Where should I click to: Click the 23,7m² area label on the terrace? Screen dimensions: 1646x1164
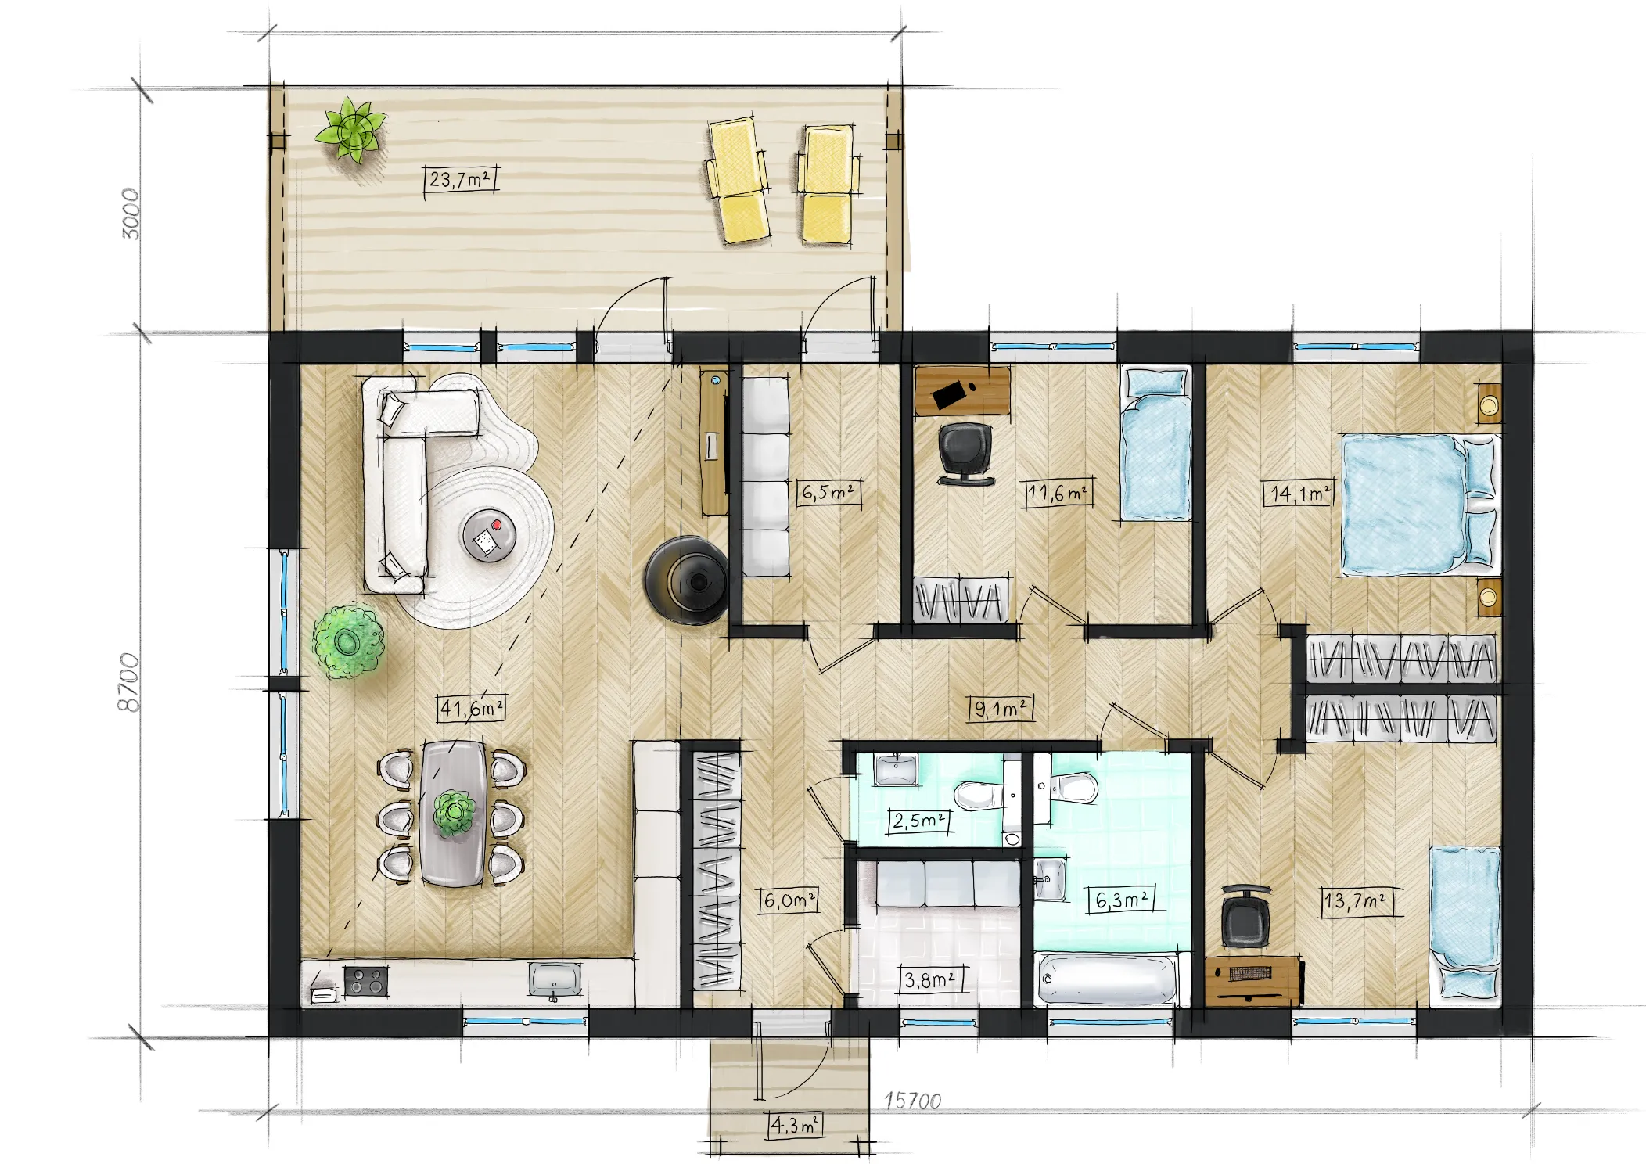pos(460,180)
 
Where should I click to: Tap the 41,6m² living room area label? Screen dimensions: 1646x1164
pos(470,709)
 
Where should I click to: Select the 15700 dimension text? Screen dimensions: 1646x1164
pos(912,1101)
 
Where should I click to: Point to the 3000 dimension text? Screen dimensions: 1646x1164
pos(131,214)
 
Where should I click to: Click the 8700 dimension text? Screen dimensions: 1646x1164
pos(128,682)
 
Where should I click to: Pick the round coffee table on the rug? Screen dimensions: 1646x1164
pos(489,536)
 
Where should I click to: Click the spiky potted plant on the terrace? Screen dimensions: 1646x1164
pos(352,130)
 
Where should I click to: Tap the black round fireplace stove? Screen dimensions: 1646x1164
pos(686,580)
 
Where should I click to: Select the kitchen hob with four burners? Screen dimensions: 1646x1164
pos(366,981)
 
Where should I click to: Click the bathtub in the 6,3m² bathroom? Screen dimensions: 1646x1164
pos(1106,979)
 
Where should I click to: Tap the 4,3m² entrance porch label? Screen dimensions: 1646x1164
pos(793,1126)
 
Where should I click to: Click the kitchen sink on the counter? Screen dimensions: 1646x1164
pos(555,979)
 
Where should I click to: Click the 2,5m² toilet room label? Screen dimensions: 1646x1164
pos(918,821)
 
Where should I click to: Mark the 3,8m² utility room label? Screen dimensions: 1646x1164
pos(929,980)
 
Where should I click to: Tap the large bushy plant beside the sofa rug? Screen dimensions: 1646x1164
pos(348,642)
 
